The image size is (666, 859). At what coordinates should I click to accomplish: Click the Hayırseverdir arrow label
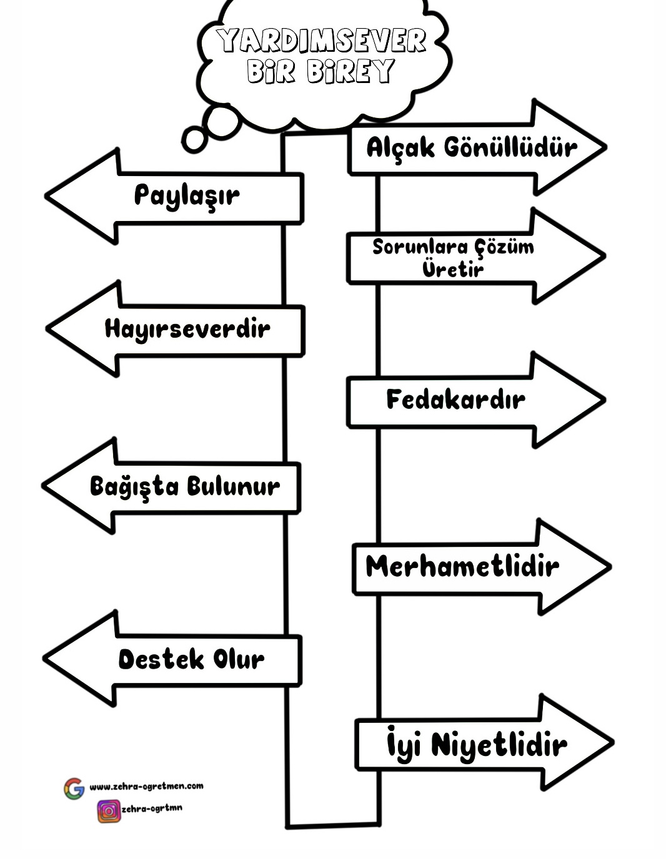(x=187, y=328)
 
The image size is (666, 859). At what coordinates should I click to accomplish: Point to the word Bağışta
(x=134, y=487)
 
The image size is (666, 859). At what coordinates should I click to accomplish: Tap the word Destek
(x=161, y=659)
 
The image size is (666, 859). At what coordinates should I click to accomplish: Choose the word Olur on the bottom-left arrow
(x=239, y=659)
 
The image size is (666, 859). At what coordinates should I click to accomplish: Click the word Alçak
(x=400, y=149)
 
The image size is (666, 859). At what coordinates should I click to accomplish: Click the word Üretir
(x=453, y=269)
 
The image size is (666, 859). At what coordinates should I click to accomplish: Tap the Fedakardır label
(x=455, y=400)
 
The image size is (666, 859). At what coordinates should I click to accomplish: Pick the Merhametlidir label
(x=462, y=567)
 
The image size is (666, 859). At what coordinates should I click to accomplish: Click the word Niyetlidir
(x=499, y=745)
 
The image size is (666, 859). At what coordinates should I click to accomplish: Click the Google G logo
(x=74, y=788)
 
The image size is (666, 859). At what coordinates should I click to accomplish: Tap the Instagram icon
(x=108, y=810)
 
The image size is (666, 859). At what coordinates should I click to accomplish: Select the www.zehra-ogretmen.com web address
(x=146, y=787)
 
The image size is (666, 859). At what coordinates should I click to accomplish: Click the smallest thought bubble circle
(x=194, y=139)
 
